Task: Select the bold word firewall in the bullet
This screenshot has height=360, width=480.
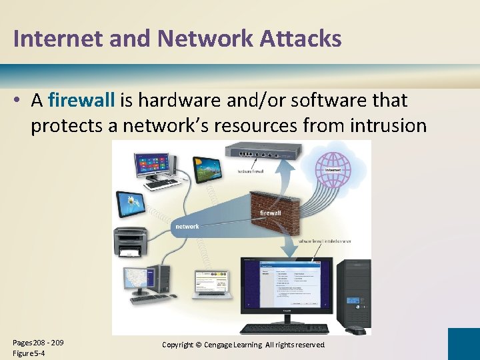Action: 82,101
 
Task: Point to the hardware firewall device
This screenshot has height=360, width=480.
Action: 261,153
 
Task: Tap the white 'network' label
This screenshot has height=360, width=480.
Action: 187,227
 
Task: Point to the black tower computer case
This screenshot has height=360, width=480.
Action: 353,293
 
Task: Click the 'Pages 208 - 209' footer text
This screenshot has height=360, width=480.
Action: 38,343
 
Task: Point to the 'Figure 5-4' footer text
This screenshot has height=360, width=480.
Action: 29,353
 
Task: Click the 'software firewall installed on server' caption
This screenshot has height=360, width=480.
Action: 325,241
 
